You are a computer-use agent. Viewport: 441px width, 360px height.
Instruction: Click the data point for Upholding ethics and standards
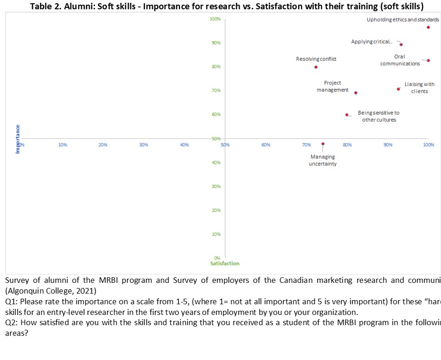(x=428, y=27)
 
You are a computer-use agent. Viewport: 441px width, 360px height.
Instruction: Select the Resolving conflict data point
(x=316, y=67)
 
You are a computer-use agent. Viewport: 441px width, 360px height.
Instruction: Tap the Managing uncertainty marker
(x=323, y=144)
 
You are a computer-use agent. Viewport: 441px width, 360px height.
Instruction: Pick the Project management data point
(x=356, y=93)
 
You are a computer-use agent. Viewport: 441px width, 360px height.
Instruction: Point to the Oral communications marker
(x=428, y=60)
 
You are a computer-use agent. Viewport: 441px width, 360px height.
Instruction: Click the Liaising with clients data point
(x=398, y=89)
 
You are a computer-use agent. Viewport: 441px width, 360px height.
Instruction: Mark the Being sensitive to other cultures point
(x=347, y=115)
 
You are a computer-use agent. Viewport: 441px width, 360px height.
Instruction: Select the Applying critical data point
(x=401, y=45)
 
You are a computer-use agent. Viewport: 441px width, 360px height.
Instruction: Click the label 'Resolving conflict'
(x=316, y=59)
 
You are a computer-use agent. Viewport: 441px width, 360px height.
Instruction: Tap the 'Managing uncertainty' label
(x=323, y=160)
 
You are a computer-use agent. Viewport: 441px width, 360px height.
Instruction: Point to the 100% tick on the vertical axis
(x=215, y=19)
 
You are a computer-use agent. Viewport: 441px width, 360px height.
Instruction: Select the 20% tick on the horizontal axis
(x=103, y=145)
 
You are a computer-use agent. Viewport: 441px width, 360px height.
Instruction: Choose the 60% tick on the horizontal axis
(x=266, y=145)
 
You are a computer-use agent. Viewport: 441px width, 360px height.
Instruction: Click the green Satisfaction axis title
(x=225, y=263)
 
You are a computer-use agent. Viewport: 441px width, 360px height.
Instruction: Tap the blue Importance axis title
(x=18, y=139)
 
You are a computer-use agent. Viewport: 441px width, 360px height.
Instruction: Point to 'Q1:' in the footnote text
(x=12, y=301)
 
